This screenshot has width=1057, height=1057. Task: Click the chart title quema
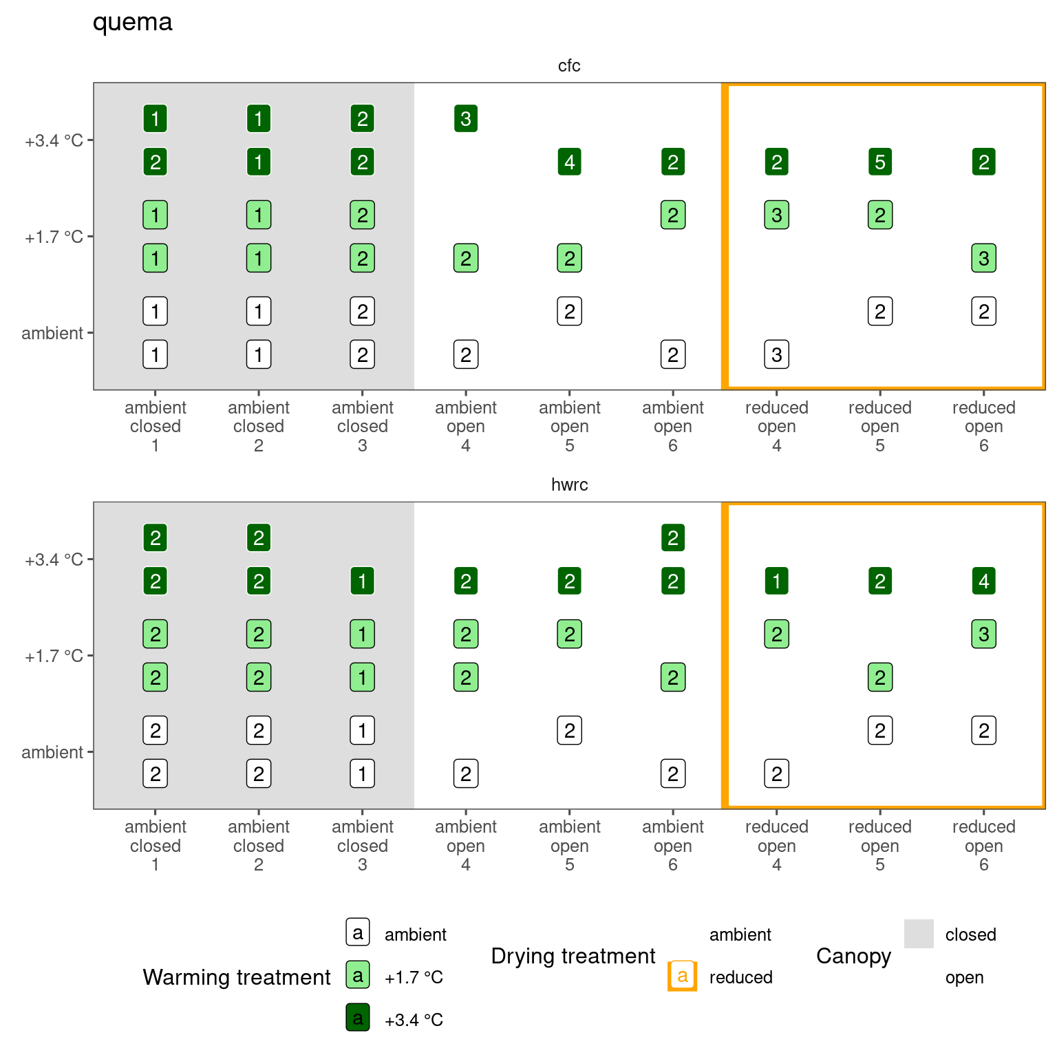tap(132, 22)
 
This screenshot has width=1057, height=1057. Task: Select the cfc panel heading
tap(569, 65)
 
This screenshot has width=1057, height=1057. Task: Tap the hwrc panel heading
tap(569, 484)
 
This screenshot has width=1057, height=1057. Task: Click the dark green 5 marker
tap(880, 162)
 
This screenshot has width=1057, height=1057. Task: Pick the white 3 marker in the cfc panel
tap(776, 355)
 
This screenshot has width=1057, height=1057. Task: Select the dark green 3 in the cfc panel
tap(466, 118)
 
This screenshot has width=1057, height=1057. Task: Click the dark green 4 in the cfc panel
tap(569, 162)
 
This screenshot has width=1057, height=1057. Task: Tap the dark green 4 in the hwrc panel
tap(983, 581)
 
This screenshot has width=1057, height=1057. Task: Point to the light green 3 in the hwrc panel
tap(983, 634)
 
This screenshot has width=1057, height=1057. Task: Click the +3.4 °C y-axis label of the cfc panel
tap(54, 141)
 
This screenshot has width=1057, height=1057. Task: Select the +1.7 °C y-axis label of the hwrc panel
tap(54, 656)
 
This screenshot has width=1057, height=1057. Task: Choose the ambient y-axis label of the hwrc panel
tap(52, 752)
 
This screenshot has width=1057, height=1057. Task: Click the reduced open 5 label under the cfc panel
tap(879, 426)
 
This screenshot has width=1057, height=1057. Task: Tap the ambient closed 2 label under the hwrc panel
tap(259, 845)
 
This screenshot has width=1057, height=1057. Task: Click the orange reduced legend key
tap(682, 976)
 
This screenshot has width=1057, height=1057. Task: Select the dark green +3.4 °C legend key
tap(358, 1018)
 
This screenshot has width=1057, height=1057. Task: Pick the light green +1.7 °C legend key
tap(358, 975)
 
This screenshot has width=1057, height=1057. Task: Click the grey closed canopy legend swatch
tap(919, 934)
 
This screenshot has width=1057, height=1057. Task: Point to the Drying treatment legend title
tap(573, 956)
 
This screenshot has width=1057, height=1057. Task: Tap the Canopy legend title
tap(853, 956)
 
